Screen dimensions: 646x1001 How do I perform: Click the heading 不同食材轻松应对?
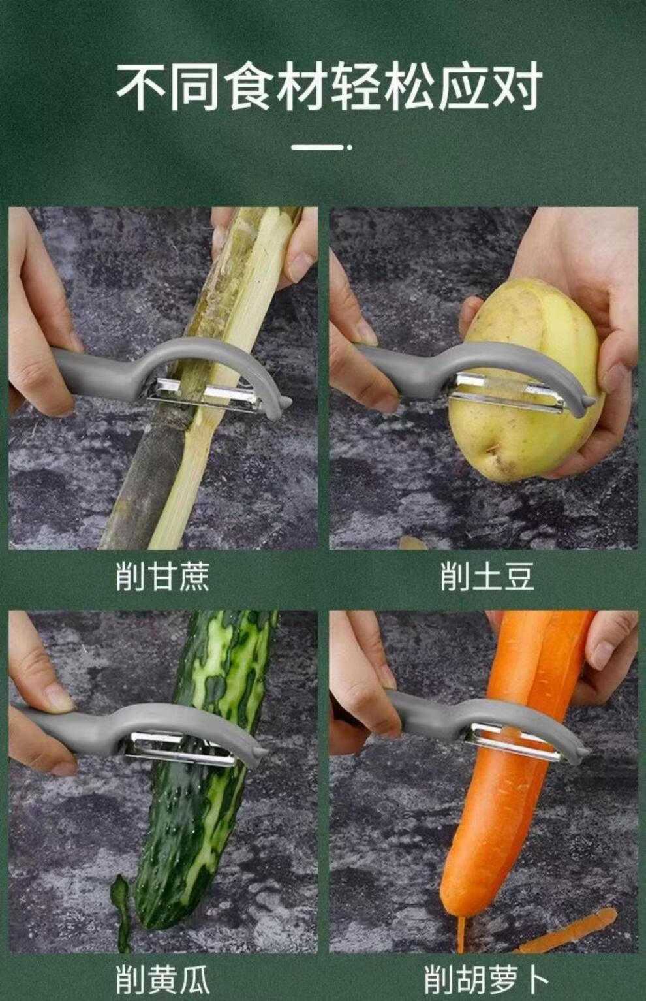(x=330, y=86)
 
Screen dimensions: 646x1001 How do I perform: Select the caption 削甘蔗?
(x=162, y=576)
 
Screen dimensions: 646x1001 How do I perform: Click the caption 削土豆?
(x=487, y=576)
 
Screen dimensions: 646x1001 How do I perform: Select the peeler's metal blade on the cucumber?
(x=179, y=748)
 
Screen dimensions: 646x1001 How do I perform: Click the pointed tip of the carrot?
(x=461, y=938)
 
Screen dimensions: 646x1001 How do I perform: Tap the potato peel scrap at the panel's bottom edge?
(x=414, y=543)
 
